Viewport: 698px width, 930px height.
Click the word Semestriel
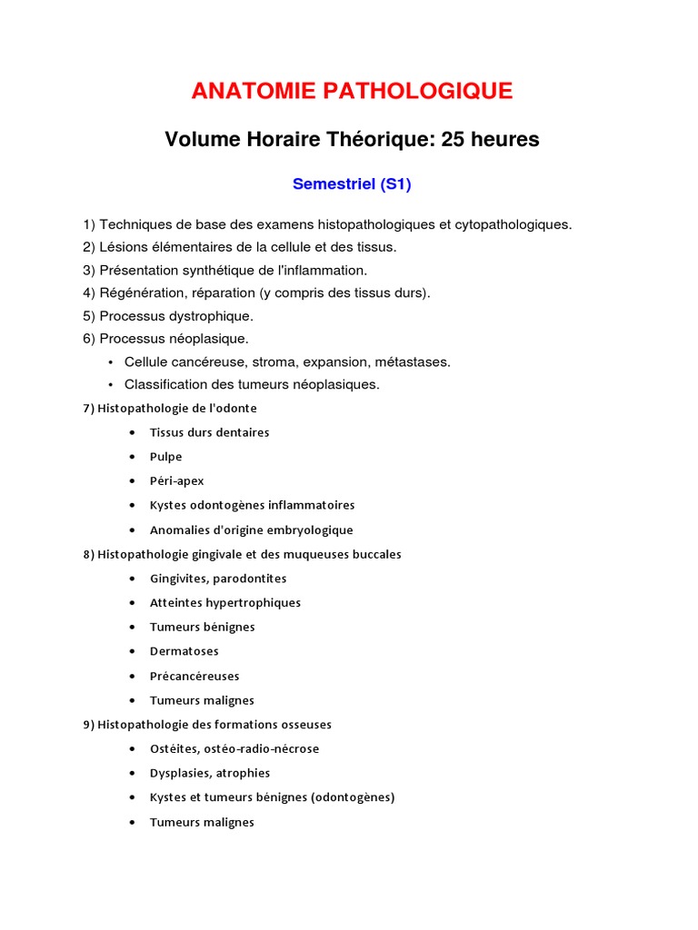pos(329,184)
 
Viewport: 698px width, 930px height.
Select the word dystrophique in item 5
pos(211,316)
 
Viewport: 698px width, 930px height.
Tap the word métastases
pos(412,361)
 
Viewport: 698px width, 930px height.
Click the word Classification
pos(165,384)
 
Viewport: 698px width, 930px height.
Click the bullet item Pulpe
pos(165,457)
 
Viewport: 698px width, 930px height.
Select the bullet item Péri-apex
pos(176,481)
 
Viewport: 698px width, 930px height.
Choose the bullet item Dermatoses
pos(184,651)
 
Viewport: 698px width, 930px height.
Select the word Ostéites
pos(172,749)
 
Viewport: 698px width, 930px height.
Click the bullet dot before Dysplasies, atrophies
pos(133,774)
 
